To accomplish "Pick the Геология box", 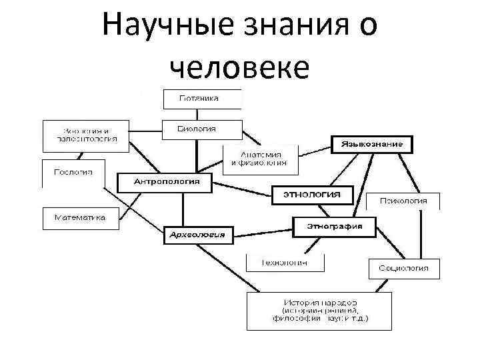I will coord(73,173).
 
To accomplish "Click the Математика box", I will coord(80,218).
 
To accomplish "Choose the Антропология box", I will coord(163,182).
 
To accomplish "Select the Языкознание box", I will coord(371,144).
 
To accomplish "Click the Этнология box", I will coord(311,194).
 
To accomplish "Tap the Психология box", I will coord(403,201).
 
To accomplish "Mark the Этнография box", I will coord(334,226).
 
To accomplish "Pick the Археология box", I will coord(197,235).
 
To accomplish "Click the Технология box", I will coord(285,263).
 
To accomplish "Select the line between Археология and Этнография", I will coord(263,231).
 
